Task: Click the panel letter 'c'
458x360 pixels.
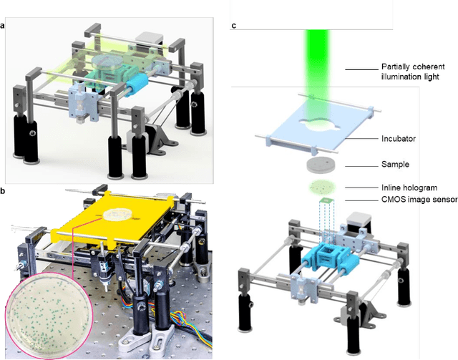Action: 234,27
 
